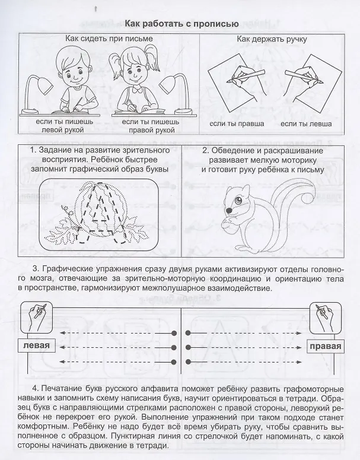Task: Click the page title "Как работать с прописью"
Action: tap(181, 24)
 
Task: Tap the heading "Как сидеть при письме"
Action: tap(109, 39)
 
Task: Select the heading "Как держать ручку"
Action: tap(272, 39)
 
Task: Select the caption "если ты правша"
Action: tap(237, 124)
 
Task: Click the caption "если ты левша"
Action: tap(306, 124)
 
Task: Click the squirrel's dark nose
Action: tap(229, 211)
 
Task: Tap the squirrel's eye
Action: tap(238, 201)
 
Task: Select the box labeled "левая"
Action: tap(36, 345)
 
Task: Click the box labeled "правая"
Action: tap(326, 346)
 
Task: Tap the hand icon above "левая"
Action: tap(37, 314)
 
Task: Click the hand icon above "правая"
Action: tap(326, 315)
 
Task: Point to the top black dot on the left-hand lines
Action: tap(174, 333)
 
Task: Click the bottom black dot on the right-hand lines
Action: tap(188, 361)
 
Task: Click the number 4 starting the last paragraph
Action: tap(35, 389)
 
